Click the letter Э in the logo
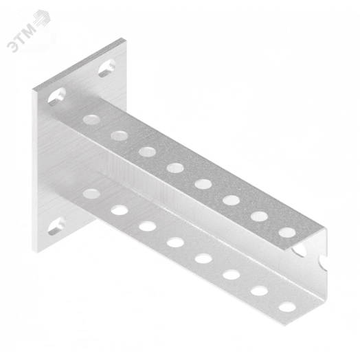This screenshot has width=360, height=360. tap(12, 47)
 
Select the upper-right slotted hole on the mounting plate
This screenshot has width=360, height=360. tap(106, 68)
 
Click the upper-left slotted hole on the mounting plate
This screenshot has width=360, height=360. tap(57, 97)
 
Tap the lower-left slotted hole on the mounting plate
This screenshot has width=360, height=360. tap(56, 226)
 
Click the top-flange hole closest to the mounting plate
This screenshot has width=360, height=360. tap(91, 120)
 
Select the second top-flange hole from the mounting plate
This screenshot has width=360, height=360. tap(120, 136)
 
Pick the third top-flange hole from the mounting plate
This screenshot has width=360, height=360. tap(148, 152)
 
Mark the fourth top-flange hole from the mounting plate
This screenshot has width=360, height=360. tap(175, 168)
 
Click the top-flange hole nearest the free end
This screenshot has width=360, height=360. tap(287, 233)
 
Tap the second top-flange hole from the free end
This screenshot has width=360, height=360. tap(260, 216)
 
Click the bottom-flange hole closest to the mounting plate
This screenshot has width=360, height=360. tap(91, 194)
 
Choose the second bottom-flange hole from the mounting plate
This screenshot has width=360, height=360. tap(120, 210)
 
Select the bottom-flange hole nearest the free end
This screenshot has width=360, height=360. tap(287, 307)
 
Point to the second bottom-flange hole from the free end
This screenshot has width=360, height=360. tap(260, 291)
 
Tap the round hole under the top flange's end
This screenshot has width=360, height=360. tap(300, 251)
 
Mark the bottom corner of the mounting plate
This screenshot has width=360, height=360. tap(35, 253)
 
